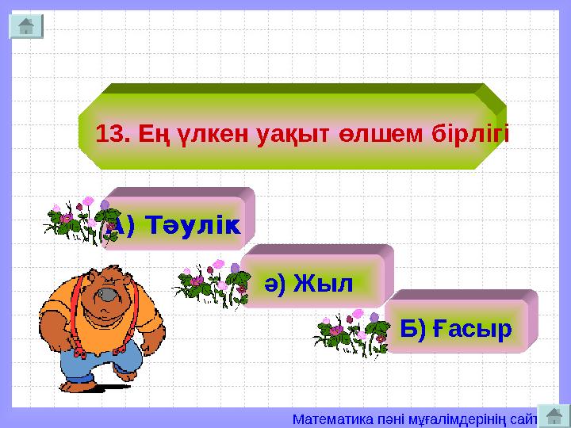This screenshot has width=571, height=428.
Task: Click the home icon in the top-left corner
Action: [25, 25]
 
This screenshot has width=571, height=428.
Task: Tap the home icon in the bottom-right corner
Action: [554, 414]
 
